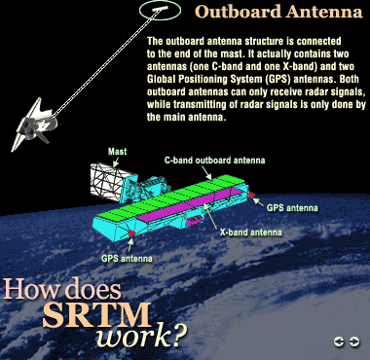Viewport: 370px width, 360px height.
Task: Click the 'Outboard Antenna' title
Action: (x=276, y=13)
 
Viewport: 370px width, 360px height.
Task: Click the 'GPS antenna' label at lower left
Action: (x=128, y=260)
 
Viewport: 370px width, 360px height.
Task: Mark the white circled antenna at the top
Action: (x=158, y=11)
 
